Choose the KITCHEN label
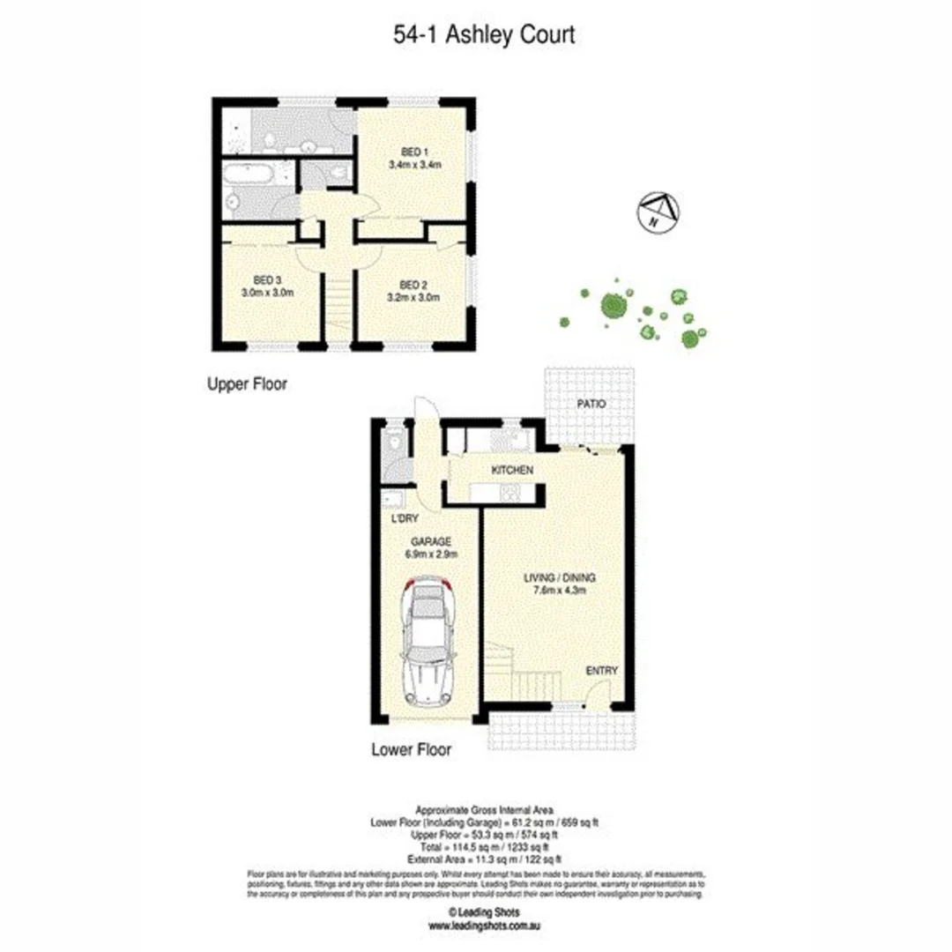[512, 471]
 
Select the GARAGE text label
[430, 541]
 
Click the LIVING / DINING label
[560, 578]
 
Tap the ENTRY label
[602, 672]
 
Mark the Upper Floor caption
[247, 384]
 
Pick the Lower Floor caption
[412, 750]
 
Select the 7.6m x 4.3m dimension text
[560, 591]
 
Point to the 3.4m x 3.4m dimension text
[413, 165]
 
